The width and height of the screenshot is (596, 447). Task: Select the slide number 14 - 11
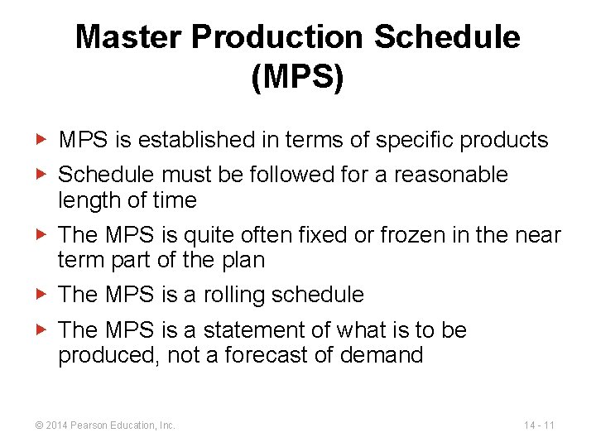[x=539, y=425]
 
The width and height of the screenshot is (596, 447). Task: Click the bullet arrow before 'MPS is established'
[x=45, y=140]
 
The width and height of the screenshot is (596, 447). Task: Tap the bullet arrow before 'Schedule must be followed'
[x=45, y=175]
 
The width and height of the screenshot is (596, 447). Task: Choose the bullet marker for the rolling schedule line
[x=45, y=294]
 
